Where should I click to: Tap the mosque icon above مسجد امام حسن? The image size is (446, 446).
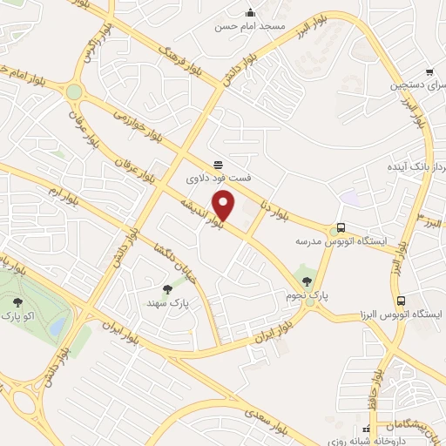point(251,12)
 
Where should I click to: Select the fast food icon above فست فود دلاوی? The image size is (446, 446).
point(218,165)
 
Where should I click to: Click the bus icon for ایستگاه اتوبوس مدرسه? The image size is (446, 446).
point(341,228)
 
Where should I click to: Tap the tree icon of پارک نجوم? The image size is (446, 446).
point(306,280)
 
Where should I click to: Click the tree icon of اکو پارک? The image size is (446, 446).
point(17,301)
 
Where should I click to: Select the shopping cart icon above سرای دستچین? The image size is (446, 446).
point(429,72)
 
